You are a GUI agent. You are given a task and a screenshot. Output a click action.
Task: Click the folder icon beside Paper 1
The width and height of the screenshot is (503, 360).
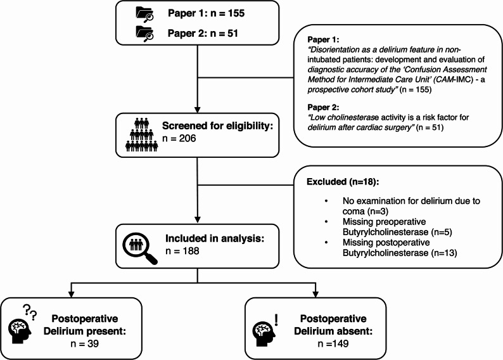144,15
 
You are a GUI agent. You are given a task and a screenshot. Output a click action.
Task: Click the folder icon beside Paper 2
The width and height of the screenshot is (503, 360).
144,34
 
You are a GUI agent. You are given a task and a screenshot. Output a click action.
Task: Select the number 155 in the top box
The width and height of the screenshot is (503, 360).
236,13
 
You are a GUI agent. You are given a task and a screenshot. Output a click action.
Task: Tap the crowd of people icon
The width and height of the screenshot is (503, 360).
142,135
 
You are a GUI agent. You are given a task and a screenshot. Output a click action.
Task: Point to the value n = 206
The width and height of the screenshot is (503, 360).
179,138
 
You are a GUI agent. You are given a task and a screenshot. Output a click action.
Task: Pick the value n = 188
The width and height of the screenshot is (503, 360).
182,250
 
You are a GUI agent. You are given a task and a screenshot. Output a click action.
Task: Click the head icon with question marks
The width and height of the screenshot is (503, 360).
22,324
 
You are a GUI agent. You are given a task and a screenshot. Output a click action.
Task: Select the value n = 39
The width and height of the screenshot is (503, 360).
85,344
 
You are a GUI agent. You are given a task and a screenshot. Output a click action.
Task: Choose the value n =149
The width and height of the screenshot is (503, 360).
333,344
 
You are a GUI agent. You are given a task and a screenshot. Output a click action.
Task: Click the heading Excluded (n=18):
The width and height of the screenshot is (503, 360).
343,182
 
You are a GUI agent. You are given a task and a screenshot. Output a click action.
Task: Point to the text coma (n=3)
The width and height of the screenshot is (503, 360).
366,212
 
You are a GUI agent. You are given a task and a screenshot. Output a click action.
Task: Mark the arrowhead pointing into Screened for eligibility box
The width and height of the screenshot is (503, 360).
197,109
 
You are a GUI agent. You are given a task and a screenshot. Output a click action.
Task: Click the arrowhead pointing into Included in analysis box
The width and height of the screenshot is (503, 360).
197,220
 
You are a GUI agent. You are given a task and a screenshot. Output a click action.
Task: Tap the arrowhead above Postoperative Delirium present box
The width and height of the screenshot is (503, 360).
71,294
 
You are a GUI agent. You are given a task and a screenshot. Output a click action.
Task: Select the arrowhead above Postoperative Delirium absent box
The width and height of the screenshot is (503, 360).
315,294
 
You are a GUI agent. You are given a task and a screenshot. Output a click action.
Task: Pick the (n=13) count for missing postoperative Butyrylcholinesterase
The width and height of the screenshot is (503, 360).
444,253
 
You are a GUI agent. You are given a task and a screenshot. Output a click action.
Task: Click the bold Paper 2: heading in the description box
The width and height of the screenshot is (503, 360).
323,107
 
